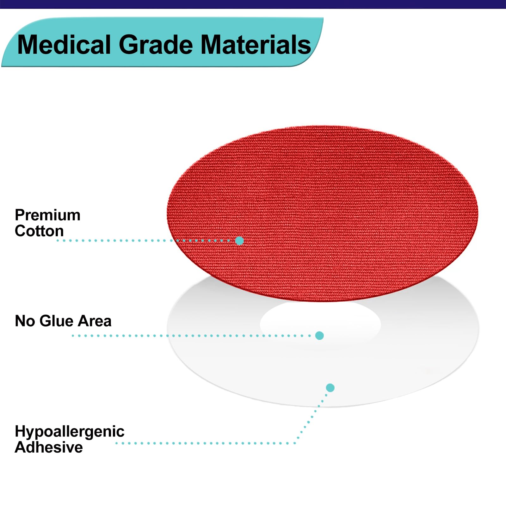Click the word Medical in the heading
coord(64,45)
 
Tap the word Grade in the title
coord(156,45)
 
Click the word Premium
coord(48,215)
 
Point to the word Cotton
coord(39,231)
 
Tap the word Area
coord(95,321)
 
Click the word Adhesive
coord(49,447)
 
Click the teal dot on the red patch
coord(240,241)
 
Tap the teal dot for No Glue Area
coord(319,336)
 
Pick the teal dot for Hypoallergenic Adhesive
coord(330,388)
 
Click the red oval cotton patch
coord(322,213)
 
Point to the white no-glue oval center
coord(320,323)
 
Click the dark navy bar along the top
coord(253,4)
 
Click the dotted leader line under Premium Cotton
coord(145,241)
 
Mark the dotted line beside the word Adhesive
coord(206,443)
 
